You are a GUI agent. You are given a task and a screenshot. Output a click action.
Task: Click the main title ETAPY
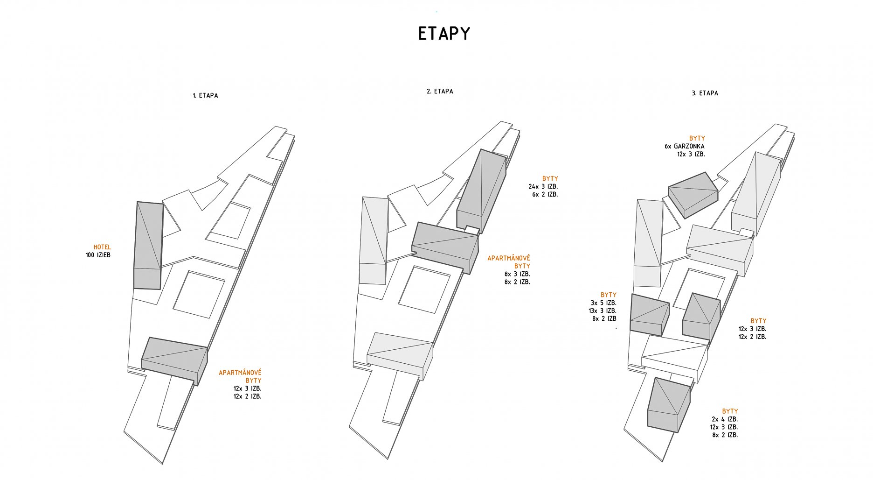443,34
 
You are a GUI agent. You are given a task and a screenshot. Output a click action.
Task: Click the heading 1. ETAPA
205,96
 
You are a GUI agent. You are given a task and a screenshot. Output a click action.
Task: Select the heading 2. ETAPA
440,92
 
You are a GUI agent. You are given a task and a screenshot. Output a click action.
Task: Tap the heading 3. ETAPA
705,93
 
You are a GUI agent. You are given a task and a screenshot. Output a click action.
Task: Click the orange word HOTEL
102,247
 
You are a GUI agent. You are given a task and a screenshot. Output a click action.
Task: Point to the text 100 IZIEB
98,255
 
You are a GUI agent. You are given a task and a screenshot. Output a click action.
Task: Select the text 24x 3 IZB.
543,186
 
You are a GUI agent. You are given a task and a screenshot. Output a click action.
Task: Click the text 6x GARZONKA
684,146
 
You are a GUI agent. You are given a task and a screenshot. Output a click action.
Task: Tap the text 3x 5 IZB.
603,303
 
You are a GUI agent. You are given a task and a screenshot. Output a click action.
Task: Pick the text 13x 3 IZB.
602,311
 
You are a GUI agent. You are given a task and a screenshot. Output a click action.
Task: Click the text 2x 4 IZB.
724,419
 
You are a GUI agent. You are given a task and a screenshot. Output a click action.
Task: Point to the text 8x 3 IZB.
517,274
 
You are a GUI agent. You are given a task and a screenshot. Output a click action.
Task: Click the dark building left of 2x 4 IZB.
668,404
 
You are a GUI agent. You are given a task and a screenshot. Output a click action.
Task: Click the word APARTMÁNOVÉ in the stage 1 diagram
240,373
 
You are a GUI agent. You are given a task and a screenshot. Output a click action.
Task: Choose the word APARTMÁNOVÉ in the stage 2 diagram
508,258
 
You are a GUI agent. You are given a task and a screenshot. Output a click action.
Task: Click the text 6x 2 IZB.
545,194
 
